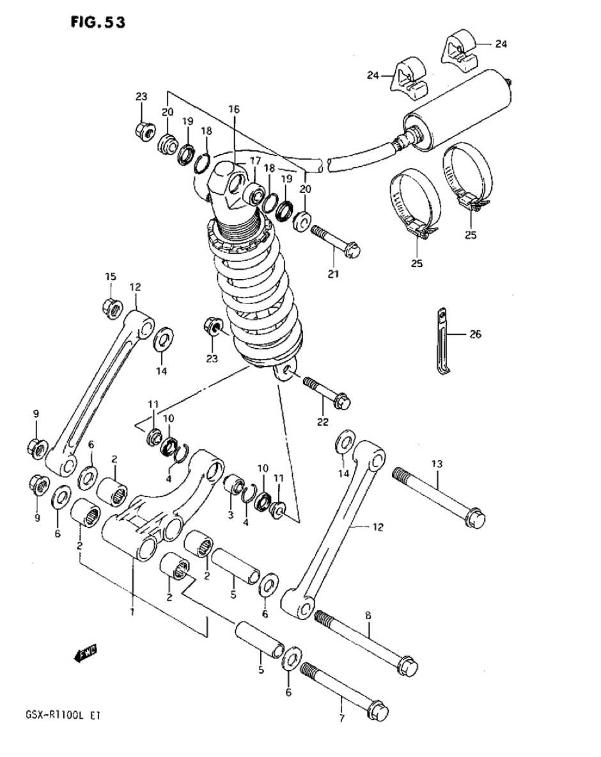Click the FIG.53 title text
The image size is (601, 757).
coord(98,22)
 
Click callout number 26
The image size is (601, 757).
coord(476,333)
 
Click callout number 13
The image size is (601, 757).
coord(436,464)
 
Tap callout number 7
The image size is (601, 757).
coord(341,718)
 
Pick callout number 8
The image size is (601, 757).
coord(368,615)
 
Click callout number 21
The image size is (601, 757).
coord(333,274)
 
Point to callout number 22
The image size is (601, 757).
coord(323,422)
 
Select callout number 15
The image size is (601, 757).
coord(111,276)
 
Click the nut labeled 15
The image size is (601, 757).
coord(113,307)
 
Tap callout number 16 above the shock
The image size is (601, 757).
coord(234,110)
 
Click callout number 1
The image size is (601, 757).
coord(132,612)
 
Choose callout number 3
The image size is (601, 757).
coord(230,515)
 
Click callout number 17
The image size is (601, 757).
coord(255,160)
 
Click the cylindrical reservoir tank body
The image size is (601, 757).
coord(457,110)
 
